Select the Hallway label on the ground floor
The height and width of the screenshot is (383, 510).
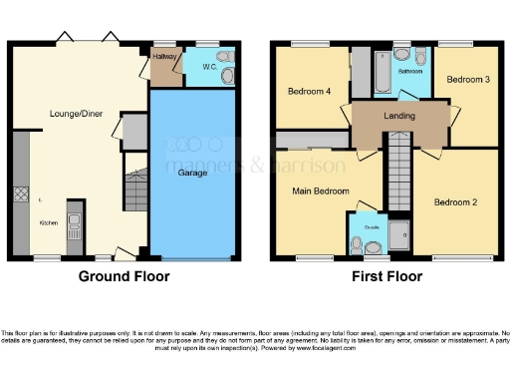click(x=164, y=58)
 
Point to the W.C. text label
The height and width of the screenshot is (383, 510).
click(x=210, y=68)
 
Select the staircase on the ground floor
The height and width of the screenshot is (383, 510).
click(x=134, y=189)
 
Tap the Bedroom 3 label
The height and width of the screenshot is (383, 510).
click(x=465, y=79)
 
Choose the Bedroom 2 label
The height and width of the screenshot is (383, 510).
click(x=454, y=202)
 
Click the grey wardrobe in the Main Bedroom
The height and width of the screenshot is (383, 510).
click(x=309, y=140)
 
